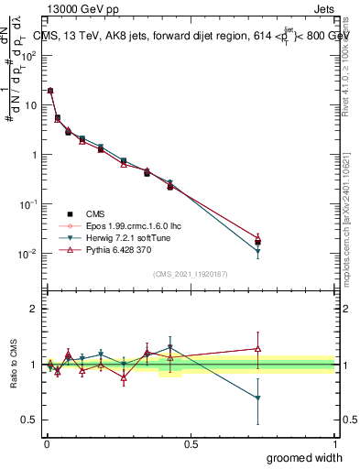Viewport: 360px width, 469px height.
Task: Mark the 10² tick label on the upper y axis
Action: [x=27, y=55]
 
